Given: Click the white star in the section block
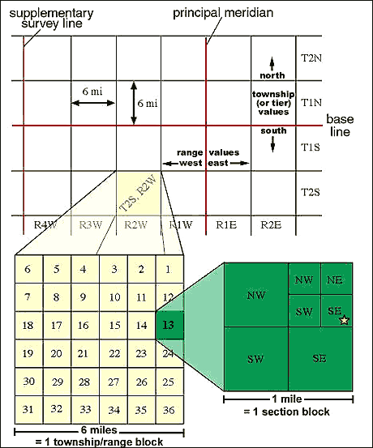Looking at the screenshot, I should (x=344, y=321).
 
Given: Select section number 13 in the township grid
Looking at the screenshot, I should (x=167, y=325).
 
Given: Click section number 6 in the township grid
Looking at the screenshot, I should (x=28, y=269).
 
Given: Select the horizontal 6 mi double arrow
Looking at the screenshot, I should (x=93, y=106).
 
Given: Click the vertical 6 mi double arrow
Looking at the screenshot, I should (x=135, y=103).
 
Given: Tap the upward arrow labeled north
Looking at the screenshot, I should (x=273, y=62).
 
